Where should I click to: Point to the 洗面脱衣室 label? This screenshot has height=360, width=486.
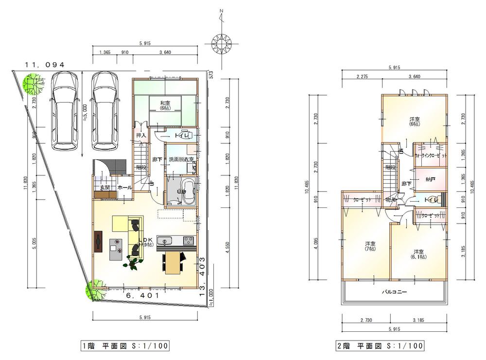pyautogui.click(x=181, y=159)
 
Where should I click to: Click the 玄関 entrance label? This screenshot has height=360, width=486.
pyautogui.click(x=105, y=187)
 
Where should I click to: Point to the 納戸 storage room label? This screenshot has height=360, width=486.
pyautogui.click(x=430, y=179)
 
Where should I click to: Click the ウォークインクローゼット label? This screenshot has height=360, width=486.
pyautogui.click(x=431, y=157)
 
